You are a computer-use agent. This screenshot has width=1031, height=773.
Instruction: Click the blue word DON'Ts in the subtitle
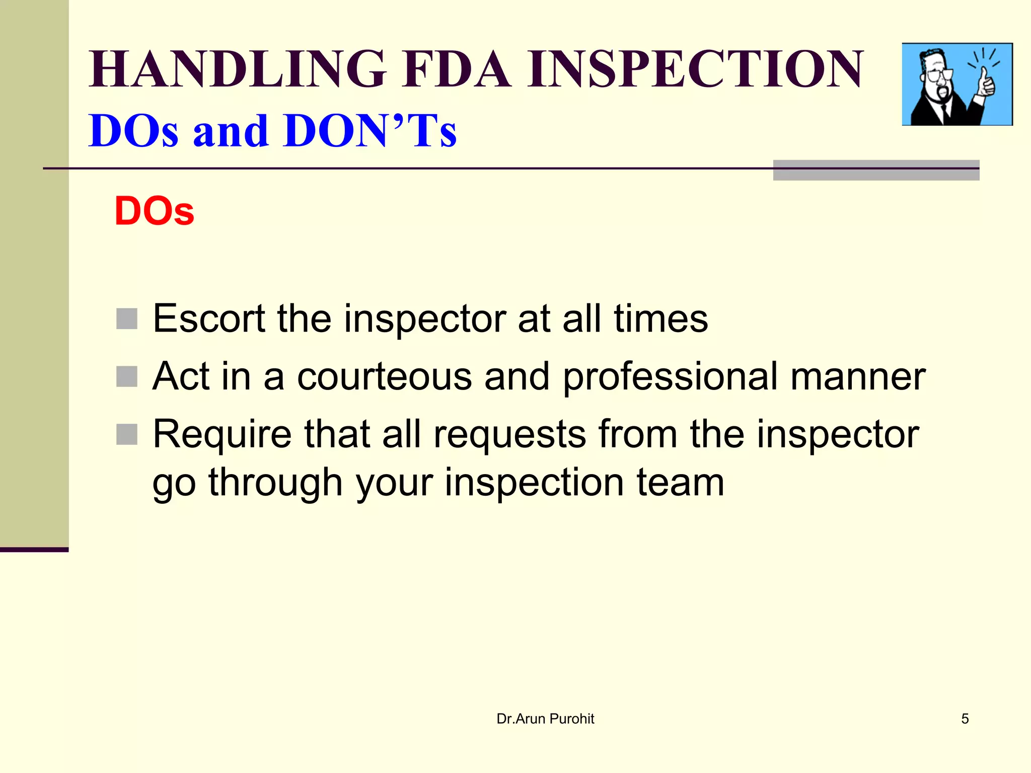[x=370, y=131]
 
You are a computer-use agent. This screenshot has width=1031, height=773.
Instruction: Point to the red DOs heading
[x=154, y=211]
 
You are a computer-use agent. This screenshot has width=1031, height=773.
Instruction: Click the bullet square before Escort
[x=127, y=319]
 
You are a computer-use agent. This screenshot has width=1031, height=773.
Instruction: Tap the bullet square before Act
[x=127, y=376]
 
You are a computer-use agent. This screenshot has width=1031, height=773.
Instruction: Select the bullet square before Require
[x=127, y=434]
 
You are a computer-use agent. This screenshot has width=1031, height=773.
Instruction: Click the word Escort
[x=209, y=319]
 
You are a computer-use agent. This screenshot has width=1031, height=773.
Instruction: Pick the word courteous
[x=384, y=376]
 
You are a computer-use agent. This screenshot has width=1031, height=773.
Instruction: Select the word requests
[x=509, y=434]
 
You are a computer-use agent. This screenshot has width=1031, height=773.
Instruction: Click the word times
[x=660, y=319]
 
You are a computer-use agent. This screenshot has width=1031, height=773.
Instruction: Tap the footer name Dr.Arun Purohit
[x=545, y=719]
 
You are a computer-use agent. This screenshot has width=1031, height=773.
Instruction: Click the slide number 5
[x=965, y=719]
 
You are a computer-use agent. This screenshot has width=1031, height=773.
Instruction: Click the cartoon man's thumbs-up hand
[x=985, y=83]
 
